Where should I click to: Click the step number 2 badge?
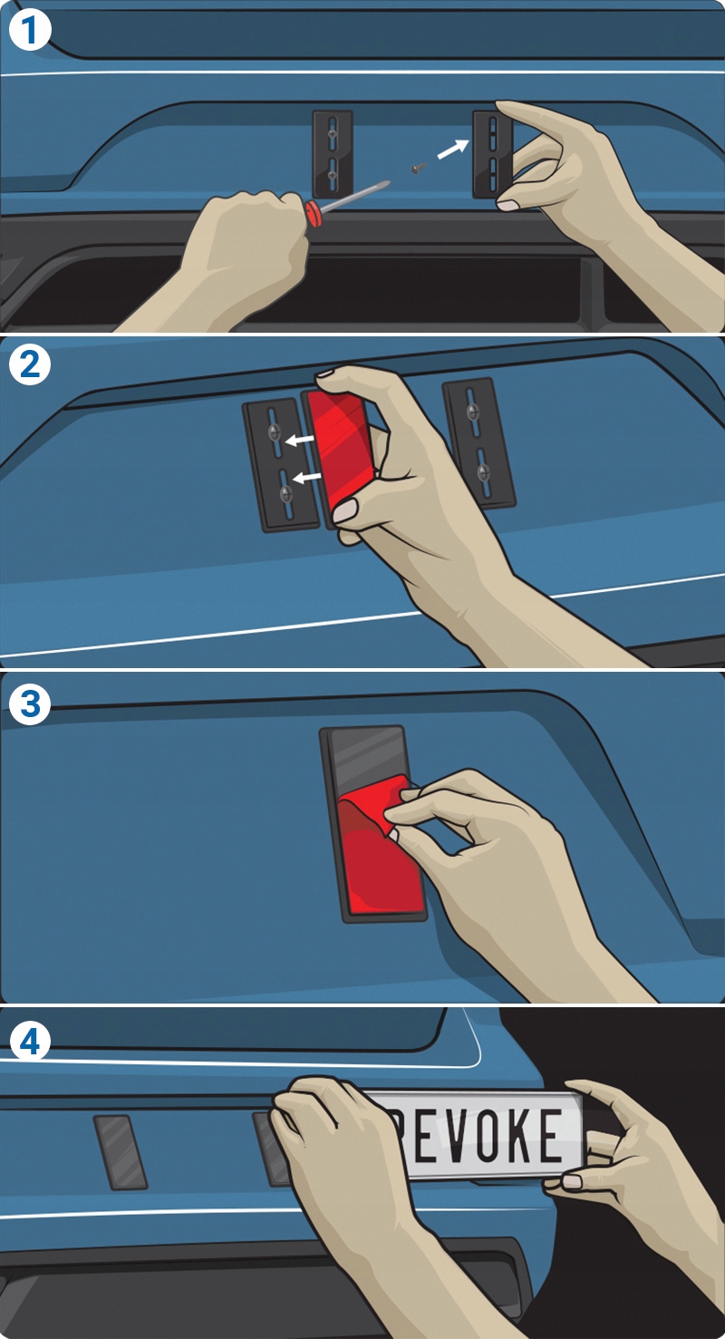[29, 364]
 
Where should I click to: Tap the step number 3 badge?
[29, 704]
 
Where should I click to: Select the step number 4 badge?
[29, 1043]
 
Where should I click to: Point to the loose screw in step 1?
[418, 170]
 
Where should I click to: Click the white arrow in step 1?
[452, 150]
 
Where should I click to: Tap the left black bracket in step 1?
[333, 153]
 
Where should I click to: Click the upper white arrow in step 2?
[299, 441]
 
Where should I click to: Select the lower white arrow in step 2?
[306, 477]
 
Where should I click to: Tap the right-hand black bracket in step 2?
[478, 443]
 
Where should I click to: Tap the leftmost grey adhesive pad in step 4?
[121, 1151]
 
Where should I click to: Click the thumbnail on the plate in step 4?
[572, 1181]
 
